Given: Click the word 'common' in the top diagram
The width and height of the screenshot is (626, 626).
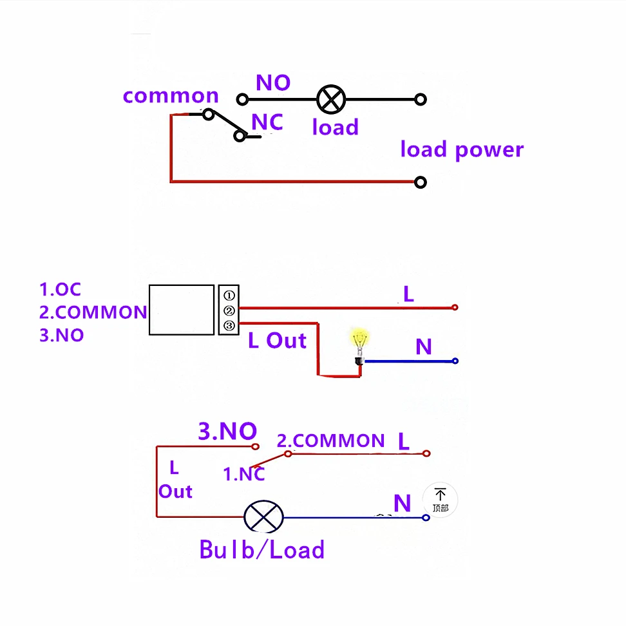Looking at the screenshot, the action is pyautogui.click(x=171, y=96).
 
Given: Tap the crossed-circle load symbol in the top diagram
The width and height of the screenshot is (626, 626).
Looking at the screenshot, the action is pyautogui.click(x=331, y=99).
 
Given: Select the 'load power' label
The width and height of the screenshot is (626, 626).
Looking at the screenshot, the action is pyautogui.click(x=462, y=149).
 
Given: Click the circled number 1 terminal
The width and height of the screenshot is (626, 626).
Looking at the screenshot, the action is pyautogui.click(x=229, y=296).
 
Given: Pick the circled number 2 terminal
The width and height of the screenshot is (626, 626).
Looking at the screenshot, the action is pyautogui.click(x=229, y=310).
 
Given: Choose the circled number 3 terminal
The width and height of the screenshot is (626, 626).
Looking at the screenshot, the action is pyautogui.click(x=229, y=326).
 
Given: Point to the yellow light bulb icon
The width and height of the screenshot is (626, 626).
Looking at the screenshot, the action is pyautogui.click(x=360, y=346).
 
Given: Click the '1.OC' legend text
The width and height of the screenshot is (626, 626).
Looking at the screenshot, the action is pyautogui.click(x=61, y=289).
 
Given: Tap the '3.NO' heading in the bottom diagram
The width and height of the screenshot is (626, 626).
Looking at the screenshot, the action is pyautogui.click(x=227, y=431).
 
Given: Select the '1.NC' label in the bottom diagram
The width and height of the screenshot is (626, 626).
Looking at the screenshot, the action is pyautogui.click(x=244, y=474).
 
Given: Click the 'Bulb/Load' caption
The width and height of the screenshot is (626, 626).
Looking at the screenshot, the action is pyautogui.click(x=262, y=549).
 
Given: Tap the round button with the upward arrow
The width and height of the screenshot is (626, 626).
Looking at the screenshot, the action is pyautogui.click(x=440, y=500).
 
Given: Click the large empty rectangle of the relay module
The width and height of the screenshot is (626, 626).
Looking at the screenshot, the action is pyautogui.click(x=182, y=310).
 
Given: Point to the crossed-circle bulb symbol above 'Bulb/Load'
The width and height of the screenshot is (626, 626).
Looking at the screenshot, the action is pyautogui.click(x=263, y=517).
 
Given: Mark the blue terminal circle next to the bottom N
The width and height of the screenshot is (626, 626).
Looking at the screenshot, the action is pyautogui.click(x=426, y=518).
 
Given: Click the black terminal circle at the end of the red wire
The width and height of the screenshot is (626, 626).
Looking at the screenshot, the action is pyautogui.click(x=421, y=182).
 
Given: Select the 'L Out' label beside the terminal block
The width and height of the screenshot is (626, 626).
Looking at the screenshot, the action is pyautogui.click(x=277, y=341).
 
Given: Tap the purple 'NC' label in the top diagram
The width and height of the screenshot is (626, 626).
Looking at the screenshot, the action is pyautogui.click(x=267, y=122).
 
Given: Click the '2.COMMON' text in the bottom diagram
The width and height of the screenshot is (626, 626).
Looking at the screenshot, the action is pyautogui.click(x=330, y=441).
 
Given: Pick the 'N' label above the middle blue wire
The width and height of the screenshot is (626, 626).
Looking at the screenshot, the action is pyautogui.click(x=424, y=346).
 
